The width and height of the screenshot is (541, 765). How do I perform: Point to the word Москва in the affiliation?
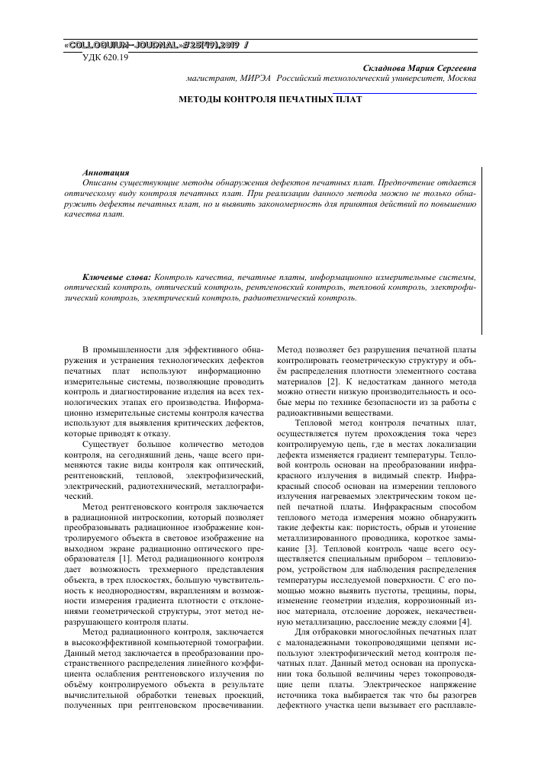click(x=462, y=79)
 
